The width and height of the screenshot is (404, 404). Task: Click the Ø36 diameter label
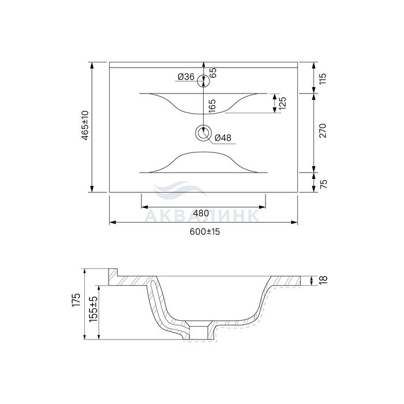click(186, 77)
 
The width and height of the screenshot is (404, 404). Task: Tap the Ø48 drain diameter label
click(223, 137)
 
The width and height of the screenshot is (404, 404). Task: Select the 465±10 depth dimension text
click(85, 125)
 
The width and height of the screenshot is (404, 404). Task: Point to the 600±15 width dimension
click(205, 231)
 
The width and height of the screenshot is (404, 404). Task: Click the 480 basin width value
click(201, 214)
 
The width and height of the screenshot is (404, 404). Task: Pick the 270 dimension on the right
click(323, 130)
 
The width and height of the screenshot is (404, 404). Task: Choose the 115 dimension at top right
click(323, 78)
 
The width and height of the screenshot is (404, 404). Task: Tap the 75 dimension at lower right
click(323, 184)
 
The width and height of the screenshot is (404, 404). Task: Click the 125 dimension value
click(282, 103)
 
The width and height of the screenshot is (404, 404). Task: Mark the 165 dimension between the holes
click(212, 106)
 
